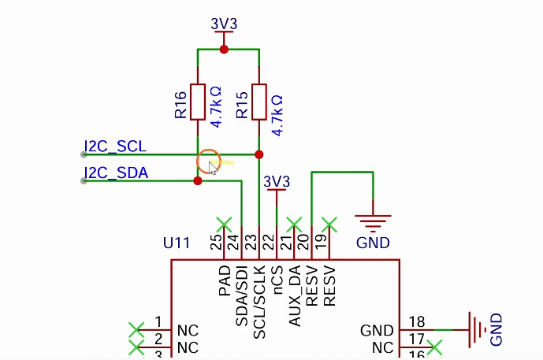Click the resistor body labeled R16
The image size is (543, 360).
click(x=198, y=102)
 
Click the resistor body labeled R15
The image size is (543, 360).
click(x=259, y=102)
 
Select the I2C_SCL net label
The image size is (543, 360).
click(x=115, y=147)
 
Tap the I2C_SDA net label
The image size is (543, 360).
click(x=116, y=173)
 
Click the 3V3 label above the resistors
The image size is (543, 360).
click(x=224, y=24)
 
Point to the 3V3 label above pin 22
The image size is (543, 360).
click(x=277, y=181)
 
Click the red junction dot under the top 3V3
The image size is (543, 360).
click(x=224, y=50)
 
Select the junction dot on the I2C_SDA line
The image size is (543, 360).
click(x=198, y=180)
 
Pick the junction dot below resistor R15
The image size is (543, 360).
click(x=259, y=154)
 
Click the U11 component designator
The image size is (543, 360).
click(x=177, y=243)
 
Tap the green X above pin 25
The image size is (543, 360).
click(x=224, y=225)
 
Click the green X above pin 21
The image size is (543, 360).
click(x=294, y=225)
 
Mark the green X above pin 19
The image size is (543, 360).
click(x=329, y=225)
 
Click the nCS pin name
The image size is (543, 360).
click(x=277, y=280)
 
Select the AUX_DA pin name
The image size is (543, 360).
click(x=295, y=296)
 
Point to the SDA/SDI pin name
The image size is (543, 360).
click(x=242, y=296)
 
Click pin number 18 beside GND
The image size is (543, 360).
click(x=417, y=322)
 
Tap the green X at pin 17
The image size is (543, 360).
click(x=434, y=347)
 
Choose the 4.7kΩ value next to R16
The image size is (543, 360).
click(x=216, y=107)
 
